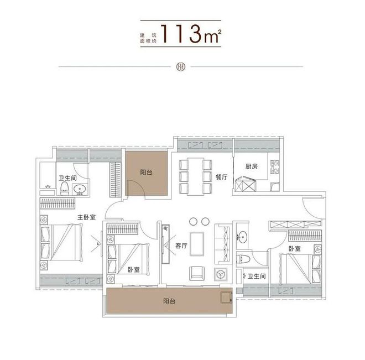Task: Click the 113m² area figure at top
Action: point(191,34)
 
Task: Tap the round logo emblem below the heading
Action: point(181,67)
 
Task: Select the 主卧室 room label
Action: point(86,217)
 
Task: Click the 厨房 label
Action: point(252,166)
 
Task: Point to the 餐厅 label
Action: point(221,178)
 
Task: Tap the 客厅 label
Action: point(181,246)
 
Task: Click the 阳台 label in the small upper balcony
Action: point(146,173)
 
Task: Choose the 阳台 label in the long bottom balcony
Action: point(169,301)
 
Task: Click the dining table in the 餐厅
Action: point(196,176)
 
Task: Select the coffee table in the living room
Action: point(197,244)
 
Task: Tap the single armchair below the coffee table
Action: point(197,273)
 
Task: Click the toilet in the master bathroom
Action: point(64,189)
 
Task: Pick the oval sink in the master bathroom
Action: point(80,190)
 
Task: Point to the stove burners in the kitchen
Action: point(275,167)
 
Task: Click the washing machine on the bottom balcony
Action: point(226,298)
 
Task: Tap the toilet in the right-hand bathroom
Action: point(243,259)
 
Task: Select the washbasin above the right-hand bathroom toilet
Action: point(243,237)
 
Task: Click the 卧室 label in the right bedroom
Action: point(294,249)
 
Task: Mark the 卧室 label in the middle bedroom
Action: point(134,270)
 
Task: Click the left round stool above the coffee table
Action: point(193,222)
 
